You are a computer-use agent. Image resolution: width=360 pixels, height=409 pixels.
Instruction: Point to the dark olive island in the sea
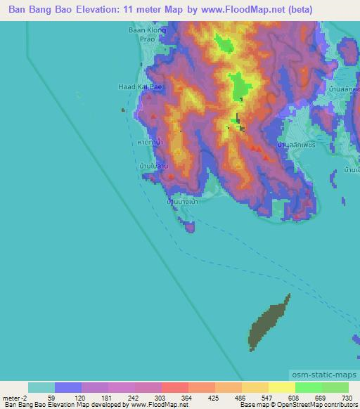(269, 320)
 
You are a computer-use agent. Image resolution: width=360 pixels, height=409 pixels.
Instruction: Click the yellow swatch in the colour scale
(281, 387)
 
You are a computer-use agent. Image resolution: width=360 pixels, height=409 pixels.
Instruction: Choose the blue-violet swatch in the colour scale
(68, 387)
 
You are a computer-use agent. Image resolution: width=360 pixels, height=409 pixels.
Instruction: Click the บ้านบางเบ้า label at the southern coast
(180, 201)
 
